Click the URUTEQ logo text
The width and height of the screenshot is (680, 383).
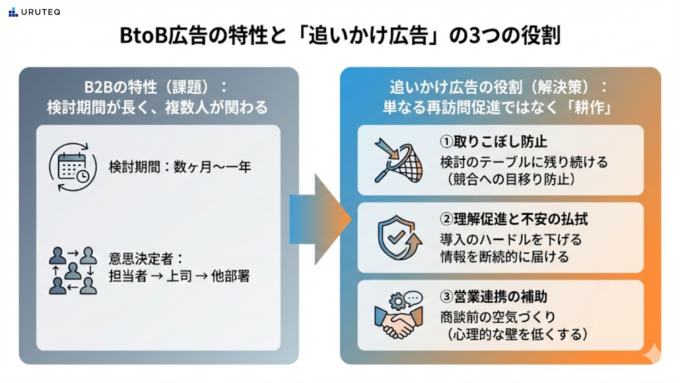click(40, 12)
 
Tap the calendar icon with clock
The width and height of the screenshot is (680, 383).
click(73, 167)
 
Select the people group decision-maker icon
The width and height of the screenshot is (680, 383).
click(73, 271)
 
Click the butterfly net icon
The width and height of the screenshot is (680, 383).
click(398, 161)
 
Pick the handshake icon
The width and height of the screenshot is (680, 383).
click(398, 315)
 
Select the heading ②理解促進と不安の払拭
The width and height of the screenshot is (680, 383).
click(514, 219)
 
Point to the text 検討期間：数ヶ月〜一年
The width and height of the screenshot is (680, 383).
click(180, 167)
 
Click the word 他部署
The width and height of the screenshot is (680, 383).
click(231, 276)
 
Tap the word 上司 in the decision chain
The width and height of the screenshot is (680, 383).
click(179, 276)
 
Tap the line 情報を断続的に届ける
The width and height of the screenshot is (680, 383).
click(504, 257)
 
